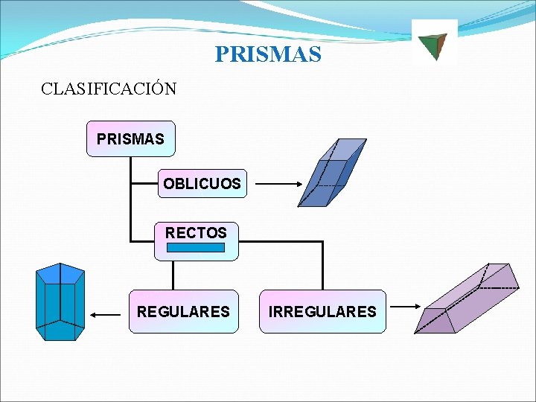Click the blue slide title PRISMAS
coord(268,54)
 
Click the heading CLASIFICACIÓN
coord(109,89)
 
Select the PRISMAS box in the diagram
coord(130,138)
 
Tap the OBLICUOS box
coord(202,183)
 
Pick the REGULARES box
coord(183,311)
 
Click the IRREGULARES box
coord(322,311)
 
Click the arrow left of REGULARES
coord(106,316)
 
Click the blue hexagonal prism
coord(60,301)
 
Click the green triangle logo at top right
coord(433,45)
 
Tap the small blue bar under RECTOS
coord(195,248)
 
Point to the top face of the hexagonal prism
coord(60,272)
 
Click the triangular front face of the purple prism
coord(435,321)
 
